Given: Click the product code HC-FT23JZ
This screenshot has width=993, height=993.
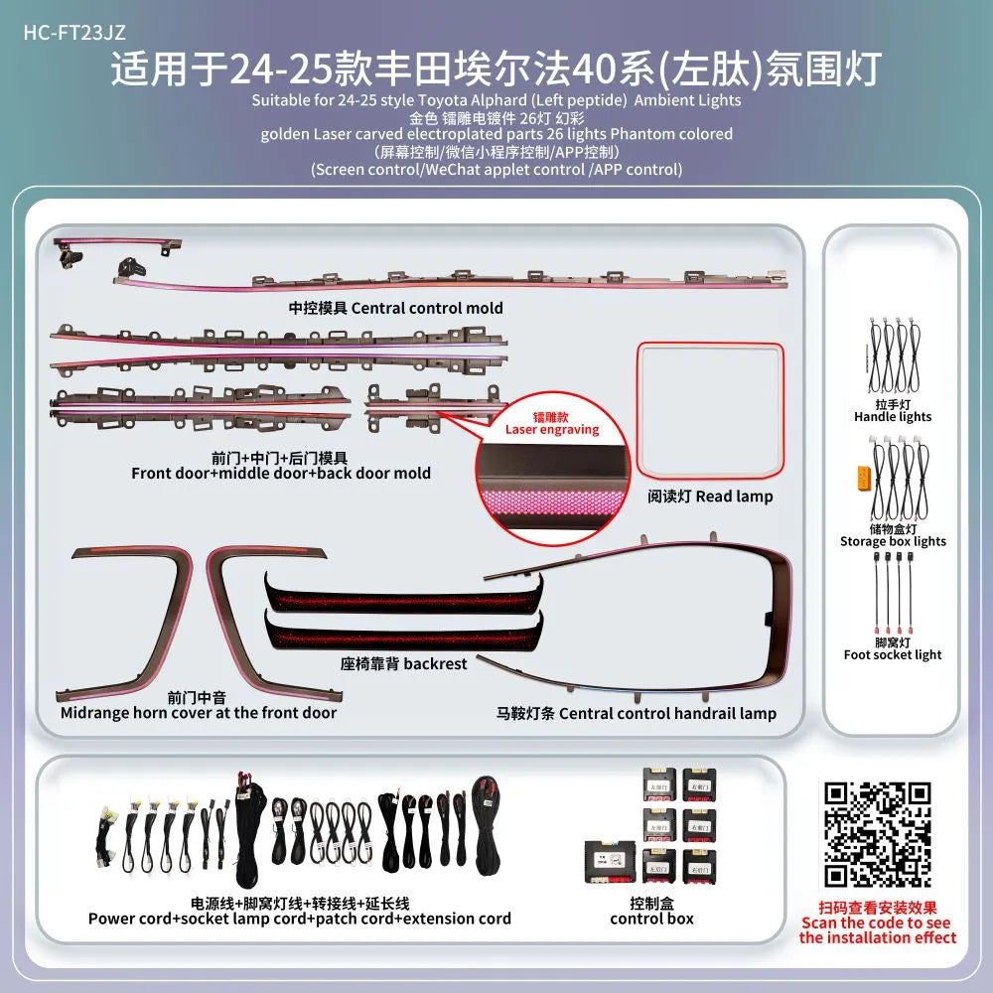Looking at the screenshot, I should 74,31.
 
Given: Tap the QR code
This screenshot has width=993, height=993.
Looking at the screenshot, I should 878,834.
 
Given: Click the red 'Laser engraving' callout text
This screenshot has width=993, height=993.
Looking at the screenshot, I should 552,430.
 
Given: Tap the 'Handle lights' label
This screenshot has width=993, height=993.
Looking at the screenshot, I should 893,417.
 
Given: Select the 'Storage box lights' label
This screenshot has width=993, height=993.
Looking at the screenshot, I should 893,541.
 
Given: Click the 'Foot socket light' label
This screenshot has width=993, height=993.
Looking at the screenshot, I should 893,654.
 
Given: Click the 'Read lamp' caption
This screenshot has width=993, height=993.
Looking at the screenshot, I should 710,496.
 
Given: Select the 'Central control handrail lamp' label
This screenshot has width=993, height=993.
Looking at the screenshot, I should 637,713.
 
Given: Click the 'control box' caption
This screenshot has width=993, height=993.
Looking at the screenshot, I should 651,919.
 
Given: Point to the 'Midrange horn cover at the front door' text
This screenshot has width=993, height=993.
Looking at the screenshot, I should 199,712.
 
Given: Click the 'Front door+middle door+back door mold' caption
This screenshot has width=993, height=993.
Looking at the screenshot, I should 281,473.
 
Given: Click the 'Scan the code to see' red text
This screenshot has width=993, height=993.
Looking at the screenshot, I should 877,922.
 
